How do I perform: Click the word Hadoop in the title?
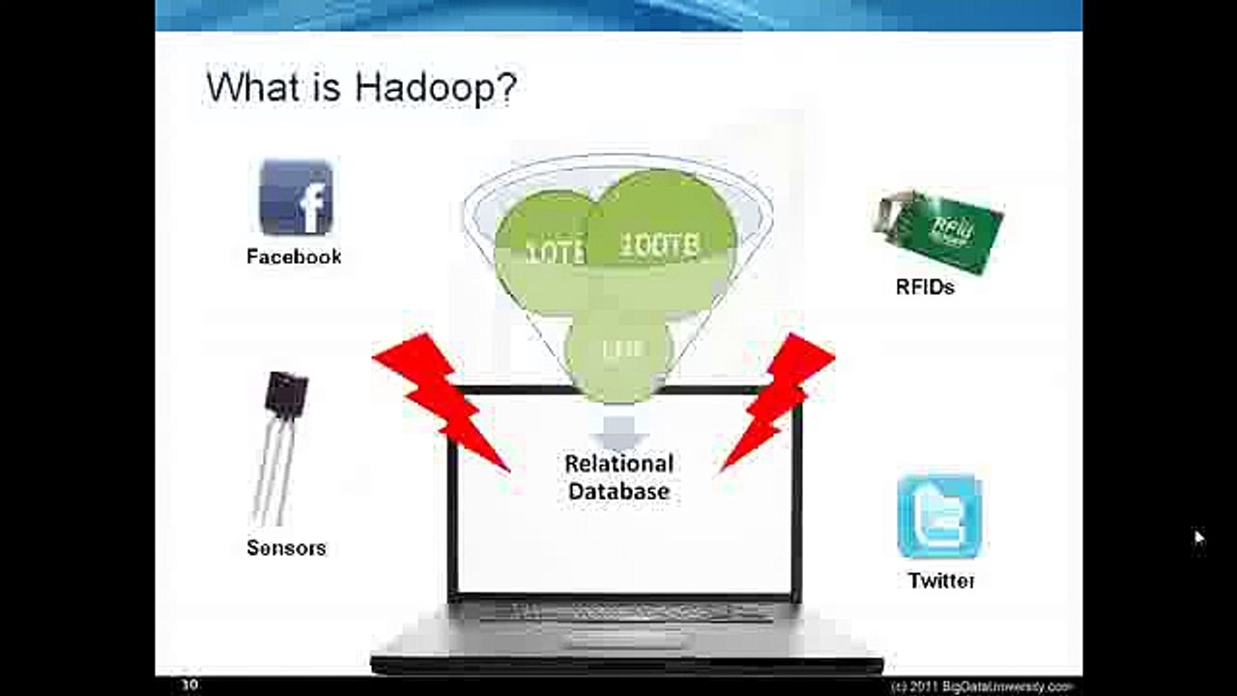coord(436,87)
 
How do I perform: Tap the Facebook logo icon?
coord(296,197)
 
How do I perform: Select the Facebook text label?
coord(294,257)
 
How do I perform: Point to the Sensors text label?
coord(286,548)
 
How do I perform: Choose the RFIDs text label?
coord(925,287)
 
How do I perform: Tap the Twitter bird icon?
coord(939,516)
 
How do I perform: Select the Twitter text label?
coord(941,581)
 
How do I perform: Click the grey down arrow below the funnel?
coord(618,429)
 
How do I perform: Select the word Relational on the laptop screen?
coord(618,464)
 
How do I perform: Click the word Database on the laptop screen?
coord(618,491)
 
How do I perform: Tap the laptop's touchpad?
coord(618,639)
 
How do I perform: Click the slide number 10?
coord(190,684)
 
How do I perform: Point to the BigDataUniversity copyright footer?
coord(981,685)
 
